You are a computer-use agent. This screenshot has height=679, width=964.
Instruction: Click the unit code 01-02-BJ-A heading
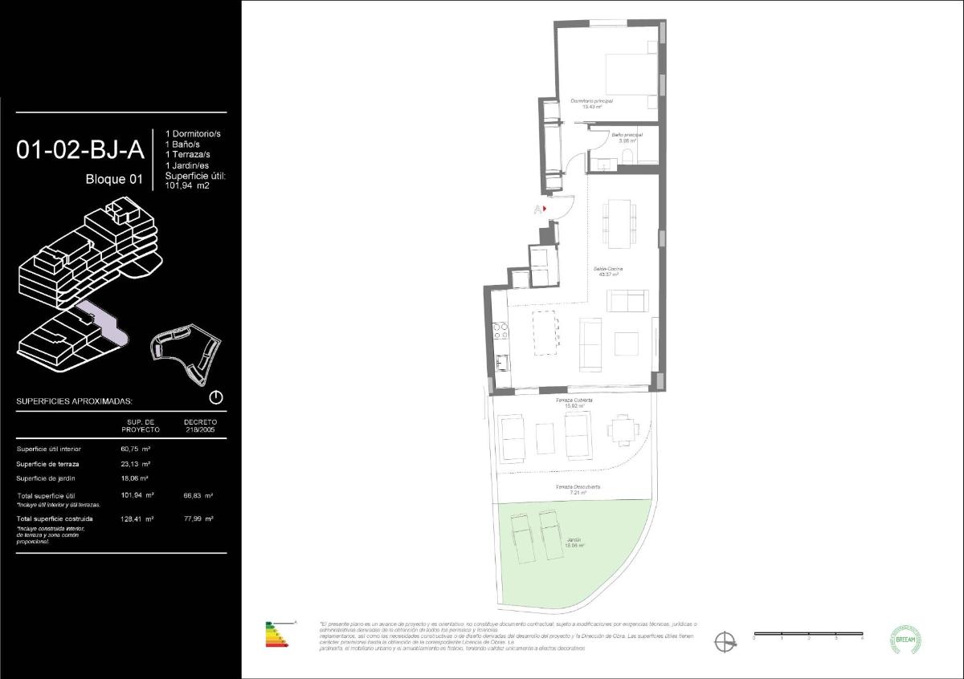click(80, 149)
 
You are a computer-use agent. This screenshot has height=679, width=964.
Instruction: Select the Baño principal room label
click(627, 137)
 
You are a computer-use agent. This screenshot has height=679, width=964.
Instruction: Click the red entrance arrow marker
click(545, 209)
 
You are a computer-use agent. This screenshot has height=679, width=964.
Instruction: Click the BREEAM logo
click(907, 640)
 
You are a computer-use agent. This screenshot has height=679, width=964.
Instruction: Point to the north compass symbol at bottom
click(725, 641)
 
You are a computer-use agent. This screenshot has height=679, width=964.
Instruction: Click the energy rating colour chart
click(277, 635)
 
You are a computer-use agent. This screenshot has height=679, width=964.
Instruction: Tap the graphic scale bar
click(807, 635)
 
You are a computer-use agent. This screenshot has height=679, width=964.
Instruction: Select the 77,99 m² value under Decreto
click(198, 519)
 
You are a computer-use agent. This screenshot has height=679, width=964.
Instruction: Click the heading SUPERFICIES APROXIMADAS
click(75, 400)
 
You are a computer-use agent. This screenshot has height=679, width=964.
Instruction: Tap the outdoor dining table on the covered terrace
click(620, 429)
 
